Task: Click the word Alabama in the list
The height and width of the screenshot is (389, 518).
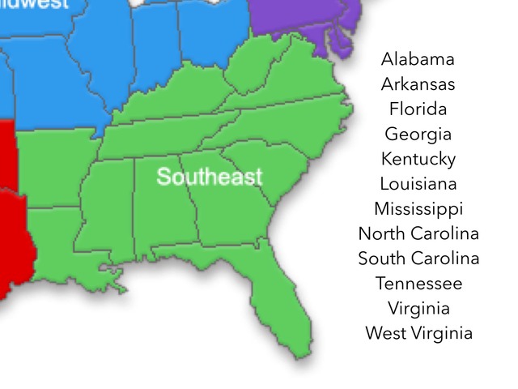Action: point(418,59)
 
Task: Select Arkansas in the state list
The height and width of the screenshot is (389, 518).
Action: point(418,84)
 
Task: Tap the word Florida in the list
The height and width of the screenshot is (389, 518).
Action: point(418,109)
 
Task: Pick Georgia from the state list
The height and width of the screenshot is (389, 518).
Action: point(418,135)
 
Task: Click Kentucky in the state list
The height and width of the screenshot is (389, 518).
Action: point(418,159)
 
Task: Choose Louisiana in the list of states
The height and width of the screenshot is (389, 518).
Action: point(418,184)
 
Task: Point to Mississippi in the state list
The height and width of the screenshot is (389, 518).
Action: point(418,209)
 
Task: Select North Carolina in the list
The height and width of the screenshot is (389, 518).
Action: point(418,234)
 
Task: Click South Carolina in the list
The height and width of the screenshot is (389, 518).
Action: point(418,259)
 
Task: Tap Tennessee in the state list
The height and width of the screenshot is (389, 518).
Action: point(418,284)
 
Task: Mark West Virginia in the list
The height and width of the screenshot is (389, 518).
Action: point(418,333)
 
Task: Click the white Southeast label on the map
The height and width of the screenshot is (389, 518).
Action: point(210,177)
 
